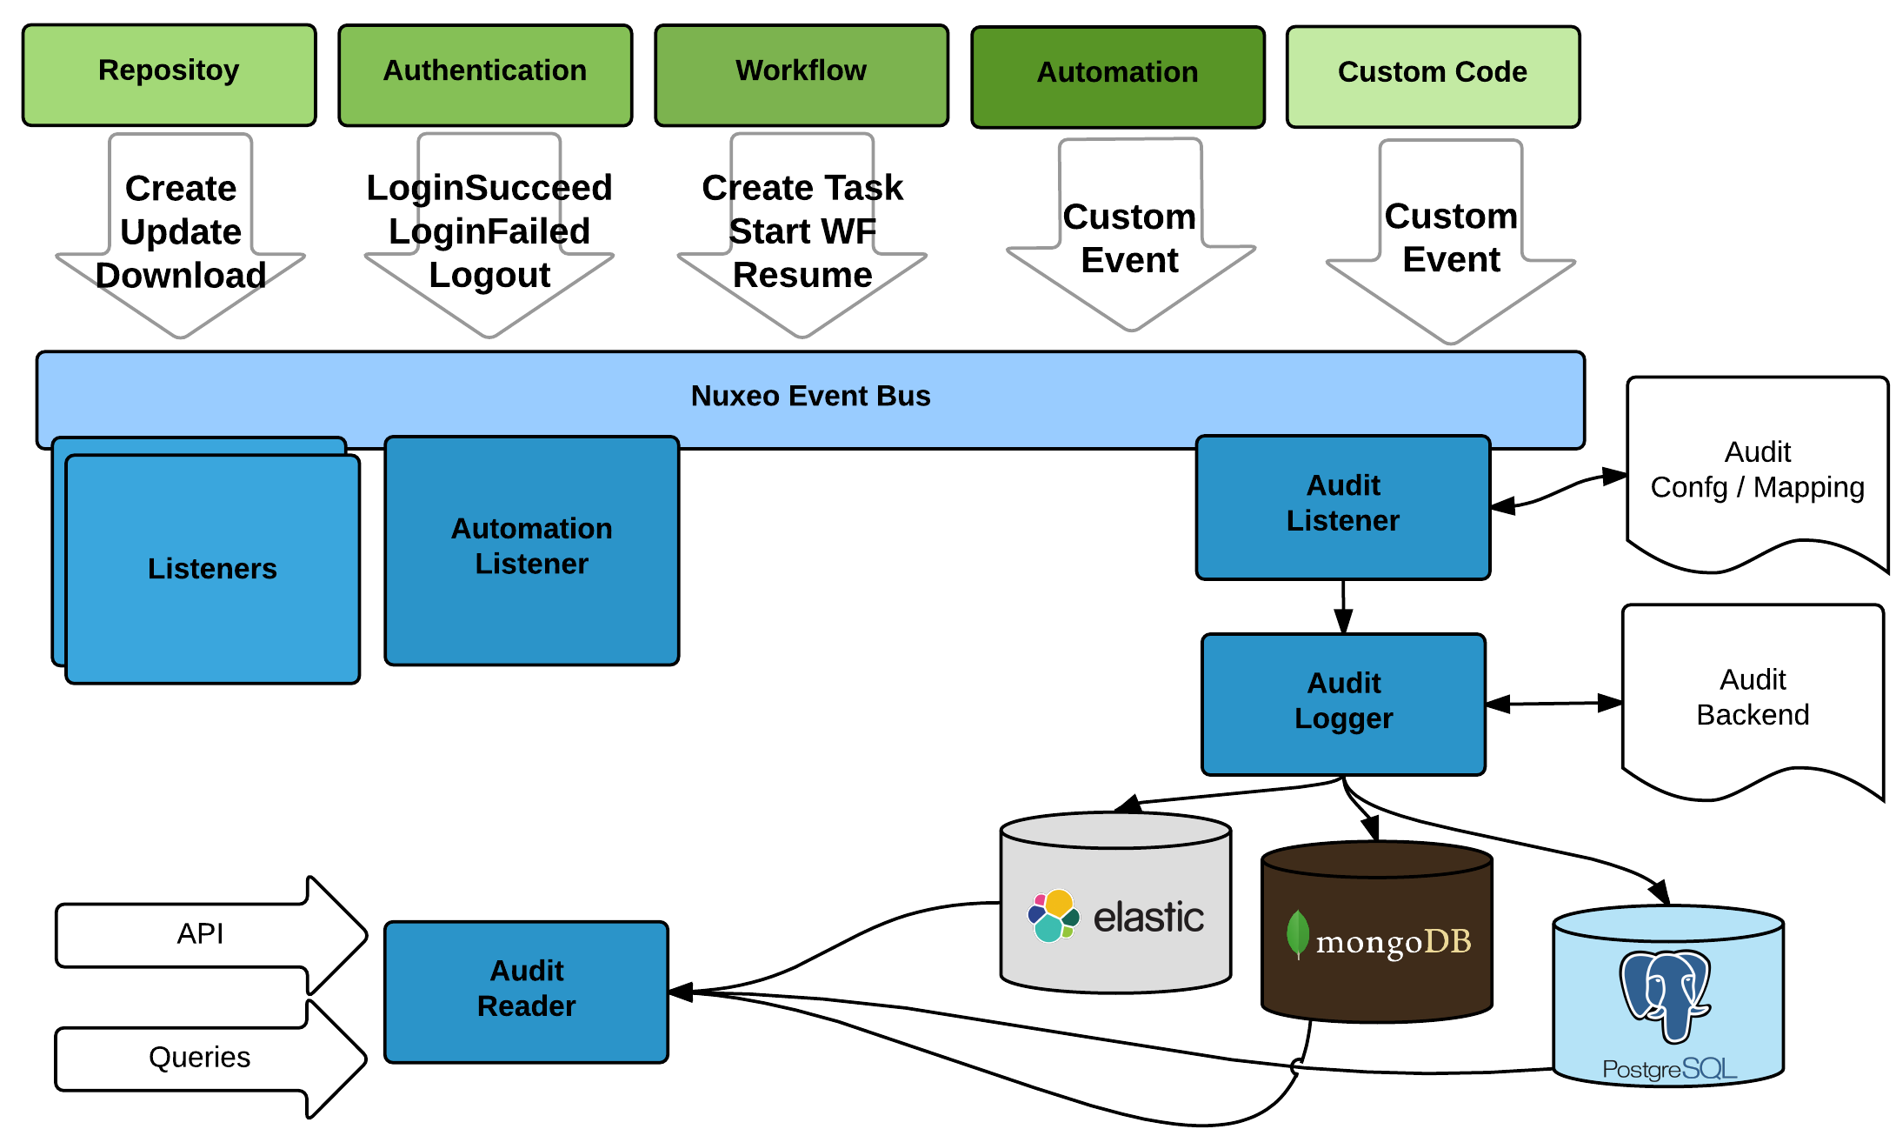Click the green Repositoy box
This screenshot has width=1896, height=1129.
(x=169, y=75)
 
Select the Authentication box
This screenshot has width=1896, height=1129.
(x=485, y=75)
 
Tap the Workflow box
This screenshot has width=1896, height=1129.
(x=801, y=75)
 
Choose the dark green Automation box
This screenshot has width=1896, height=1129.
(x=1117, y=77)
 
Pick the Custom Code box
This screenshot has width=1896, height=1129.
(x=1433, y=77)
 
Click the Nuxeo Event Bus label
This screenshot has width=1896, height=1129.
(x=810, y=396)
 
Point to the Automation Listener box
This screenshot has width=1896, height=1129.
(x=531, y=550)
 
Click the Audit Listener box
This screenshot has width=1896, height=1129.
(x=1343, y=506)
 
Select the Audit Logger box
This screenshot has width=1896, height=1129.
(x=1343, y=704)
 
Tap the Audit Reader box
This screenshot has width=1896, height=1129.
(x=526, y=992)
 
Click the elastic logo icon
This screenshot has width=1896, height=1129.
(x=1053, y=916)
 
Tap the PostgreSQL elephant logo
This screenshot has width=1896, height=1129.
(x=1665, y=994)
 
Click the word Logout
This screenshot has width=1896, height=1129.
(x=489, y=275)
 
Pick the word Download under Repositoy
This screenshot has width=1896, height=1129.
(x=181, y=276)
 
